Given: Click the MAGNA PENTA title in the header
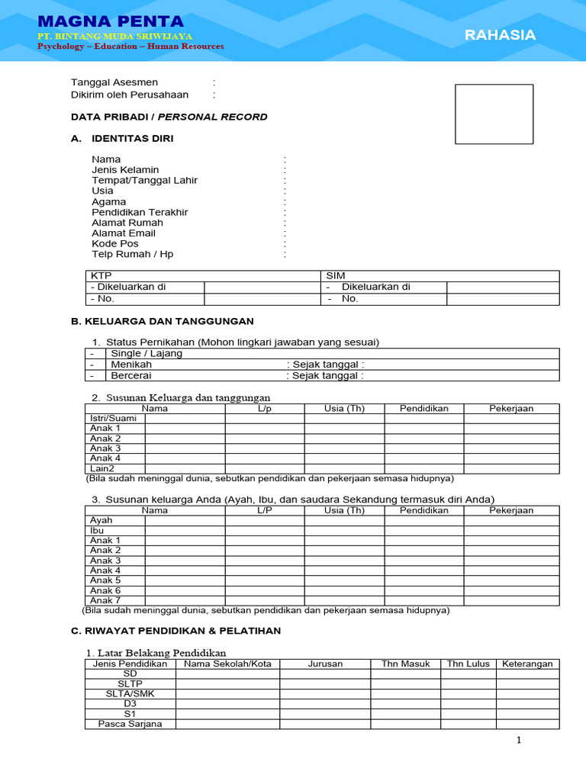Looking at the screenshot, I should tap(111, 21).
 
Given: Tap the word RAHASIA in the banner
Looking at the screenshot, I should tap(500, 35).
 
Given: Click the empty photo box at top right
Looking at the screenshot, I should tap(494, 114).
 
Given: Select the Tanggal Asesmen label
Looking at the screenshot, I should tap(114, 82).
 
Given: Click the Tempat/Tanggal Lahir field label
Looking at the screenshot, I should tap(144, 181).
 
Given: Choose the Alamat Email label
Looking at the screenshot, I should tap(124, 233).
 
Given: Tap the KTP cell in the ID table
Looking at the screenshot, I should tap(101, 275).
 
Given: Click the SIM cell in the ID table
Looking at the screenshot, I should tap(336, 275).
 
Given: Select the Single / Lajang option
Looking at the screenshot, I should tap(146, 354).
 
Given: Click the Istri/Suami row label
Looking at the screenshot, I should tap(113, 419).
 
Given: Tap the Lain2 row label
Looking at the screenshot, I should tap(102, 468).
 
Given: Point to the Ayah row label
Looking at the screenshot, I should tap(101, 520).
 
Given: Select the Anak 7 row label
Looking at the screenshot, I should tap(105, 600).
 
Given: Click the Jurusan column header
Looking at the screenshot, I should tap(325, 664).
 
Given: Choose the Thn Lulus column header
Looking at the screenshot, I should tap(468, 664).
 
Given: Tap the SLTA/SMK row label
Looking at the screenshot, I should tap(130, 694).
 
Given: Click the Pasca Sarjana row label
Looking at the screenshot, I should tap(130, 724).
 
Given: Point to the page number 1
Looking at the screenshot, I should tap(518, 740).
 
